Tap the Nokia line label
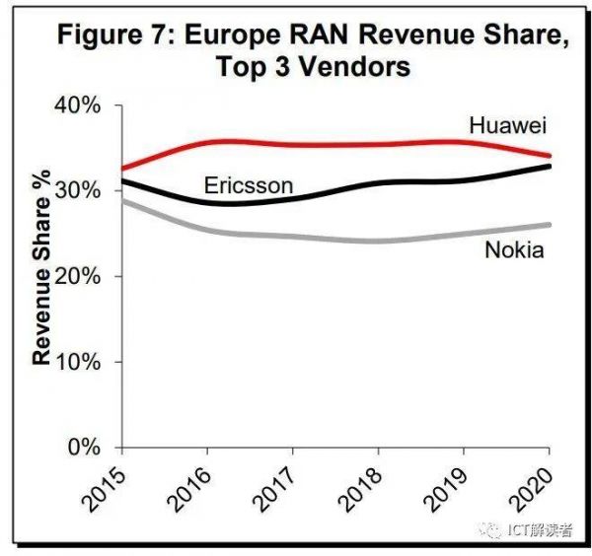514,249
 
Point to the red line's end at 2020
550,156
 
